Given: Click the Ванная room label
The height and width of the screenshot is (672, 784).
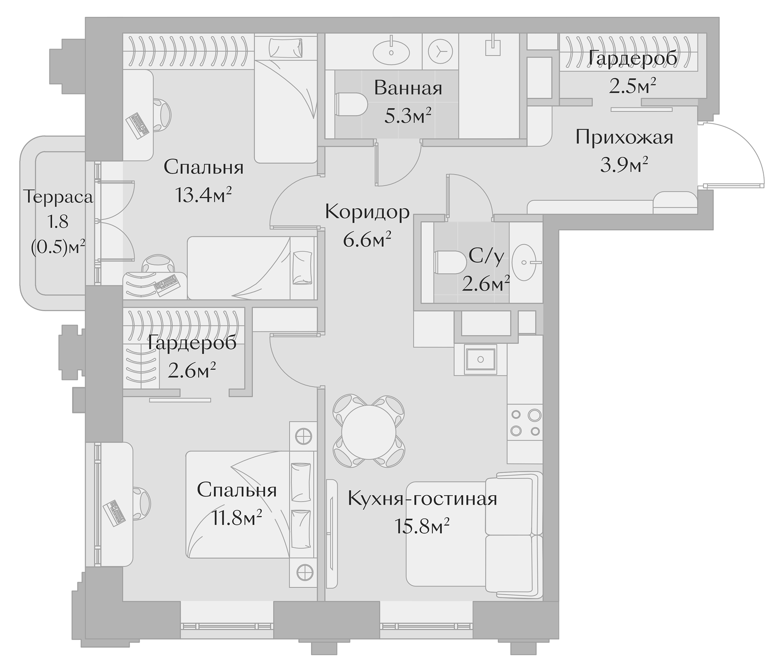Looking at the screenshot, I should (x=408, y=88).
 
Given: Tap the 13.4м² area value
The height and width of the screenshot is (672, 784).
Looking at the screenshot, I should (x=203, y=196).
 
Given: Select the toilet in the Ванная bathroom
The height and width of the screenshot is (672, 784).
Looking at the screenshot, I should (x=351, y=105).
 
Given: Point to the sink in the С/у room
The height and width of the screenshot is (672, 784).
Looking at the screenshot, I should (x=524, y=262).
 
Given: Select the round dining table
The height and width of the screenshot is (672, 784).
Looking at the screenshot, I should (x=368, y=432).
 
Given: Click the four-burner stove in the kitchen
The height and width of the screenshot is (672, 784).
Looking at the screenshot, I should (x=525, y=423).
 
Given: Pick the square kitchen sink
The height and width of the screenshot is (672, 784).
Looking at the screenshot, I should (x=480, y=359).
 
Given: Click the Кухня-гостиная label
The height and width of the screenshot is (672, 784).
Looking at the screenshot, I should (x=422, y=499).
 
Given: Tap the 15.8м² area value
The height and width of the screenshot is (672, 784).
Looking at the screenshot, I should (x=422, y=526).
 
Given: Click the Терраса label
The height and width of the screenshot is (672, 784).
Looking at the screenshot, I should (x=58, y=197).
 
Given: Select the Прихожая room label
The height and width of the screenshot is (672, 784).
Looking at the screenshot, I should (x=624, y=137).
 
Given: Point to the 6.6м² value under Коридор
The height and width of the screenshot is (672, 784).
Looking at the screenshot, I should (x=367, y=240).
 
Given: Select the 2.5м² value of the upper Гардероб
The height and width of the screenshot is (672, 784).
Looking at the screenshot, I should (x=632, y=86).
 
